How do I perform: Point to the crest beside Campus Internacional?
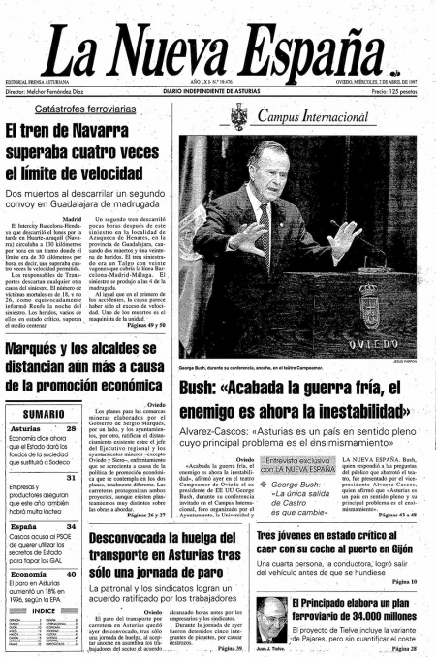click(x=238, y=116)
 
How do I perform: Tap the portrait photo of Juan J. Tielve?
click(x=270, y=613)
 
